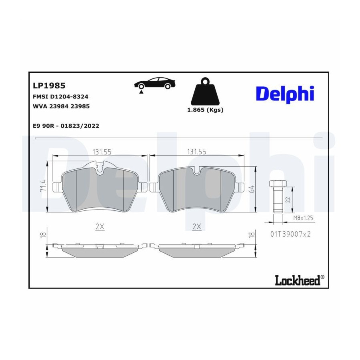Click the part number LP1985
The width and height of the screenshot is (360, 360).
49,86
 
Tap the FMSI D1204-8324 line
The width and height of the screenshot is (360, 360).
61,97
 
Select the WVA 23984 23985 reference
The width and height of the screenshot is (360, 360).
61,106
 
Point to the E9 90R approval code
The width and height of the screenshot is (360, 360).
66,126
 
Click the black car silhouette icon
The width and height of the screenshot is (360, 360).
155,83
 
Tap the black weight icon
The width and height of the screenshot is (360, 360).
205,91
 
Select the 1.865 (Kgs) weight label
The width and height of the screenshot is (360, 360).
205,110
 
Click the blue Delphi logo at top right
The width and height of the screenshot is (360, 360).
285,94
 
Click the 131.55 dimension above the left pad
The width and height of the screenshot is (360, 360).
102,152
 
